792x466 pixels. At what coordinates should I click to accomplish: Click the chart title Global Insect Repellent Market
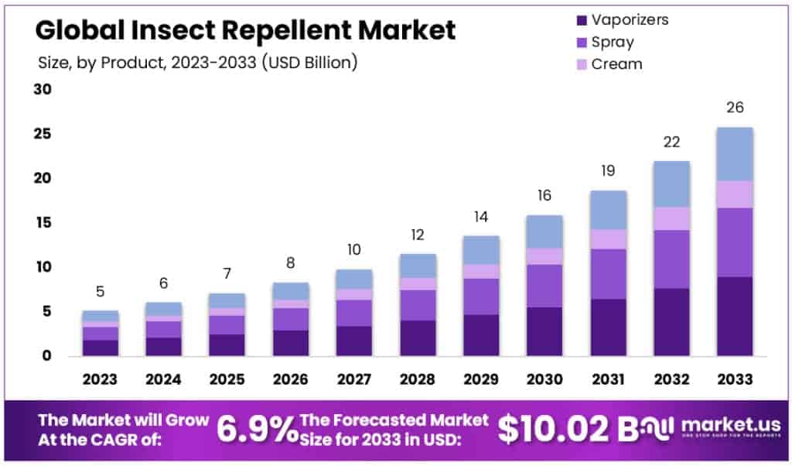(x=246, y=30)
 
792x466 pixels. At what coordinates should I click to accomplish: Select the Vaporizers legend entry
(x=629, y=19)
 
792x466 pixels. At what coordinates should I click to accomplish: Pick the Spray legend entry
(x=612, y=42)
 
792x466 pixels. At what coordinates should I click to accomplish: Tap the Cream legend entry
(x=616, y=64)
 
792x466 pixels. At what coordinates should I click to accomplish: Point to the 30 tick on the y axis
(x=43, y=90)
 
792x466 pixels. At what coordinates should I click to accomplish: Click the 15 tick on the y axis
(x=43, y=223)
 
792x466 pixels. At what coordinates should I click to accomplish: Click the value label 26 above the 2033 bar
(x=734, y=108)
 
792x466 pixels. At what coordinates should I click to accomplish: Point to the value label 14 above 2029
(x=480, y=217)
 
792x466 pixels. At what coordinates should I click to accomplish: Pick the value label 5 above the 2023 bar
(x=101, y=292)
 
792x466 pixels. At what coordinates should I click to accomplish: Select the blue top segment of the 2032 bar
(x=671, y=184)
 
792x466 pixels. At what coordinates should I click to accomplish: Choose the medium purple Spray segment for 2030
(x=544, y=286)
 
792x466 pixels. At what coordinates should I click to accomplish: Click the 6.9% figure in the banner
(x=254, y=430)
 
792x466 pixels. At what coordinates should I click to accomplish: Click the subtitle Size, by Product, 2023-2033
(x=197, y=63)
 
